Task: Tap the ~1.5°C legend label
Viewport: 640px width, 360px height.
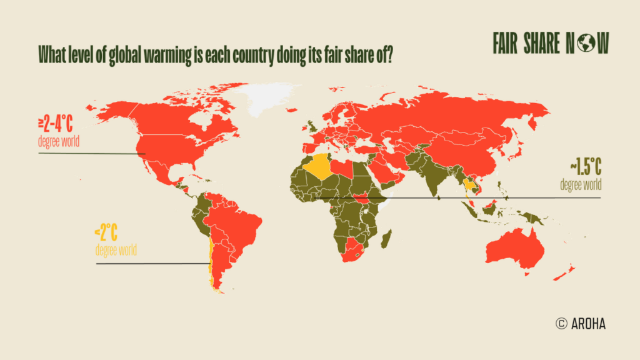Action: click(x=585, y=167)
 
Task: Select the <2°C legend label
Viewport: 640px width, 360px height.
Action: click(x=106, y=234)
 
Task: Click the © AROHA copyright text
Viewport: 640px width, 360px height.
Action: click(x=580, y=323)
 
